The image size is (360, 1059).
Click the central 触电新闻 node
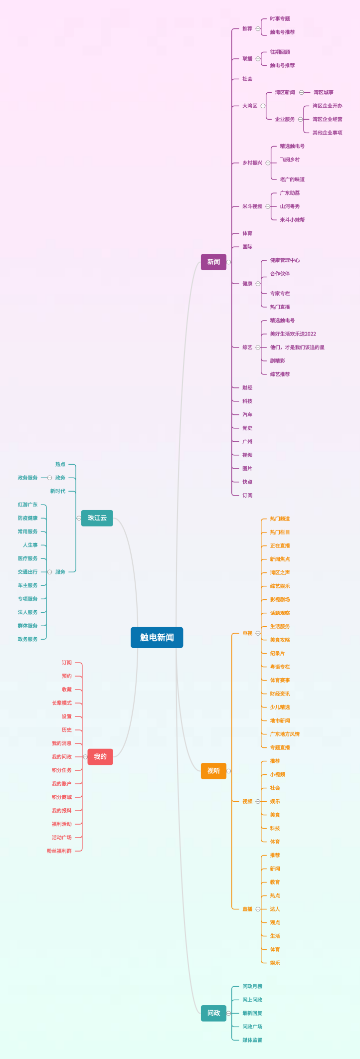[x=157, y=637]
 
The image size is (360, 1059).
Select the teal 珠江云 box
[x=97, y=518]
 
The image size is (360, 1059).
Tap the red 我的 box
[x=100, y=756]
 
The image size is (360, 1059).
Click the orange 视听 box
[x=213, y=771]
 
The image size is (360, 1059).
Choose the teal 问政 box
[x=213, y=1013]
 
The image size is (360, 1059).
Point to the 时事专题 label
[x=280, y=19]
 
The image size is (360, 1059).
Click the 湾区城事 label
[x=324, y=92]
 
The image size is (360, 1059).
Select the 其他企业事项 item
[x=328, y=133]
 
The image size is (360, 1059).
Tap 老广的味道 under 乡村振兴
[x=292, y=179]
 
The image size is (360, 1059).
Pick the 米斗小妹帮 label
[x=292, y=220]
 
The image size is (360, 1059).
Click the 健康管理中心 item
[x=285, y=260]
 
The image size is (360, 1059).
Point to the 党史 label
[x=247, y=428]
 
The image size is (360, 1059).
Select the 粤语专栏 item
[x=280, y=667]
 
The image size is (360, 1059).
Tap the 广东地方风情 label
[x=285, y=734]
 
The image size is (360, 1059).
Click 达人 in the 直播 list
[x=275, y=909]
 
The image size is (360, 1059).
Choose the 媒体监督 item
[x=252, y=1040]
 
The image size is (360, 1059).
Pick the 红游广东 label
[x=27, y=505]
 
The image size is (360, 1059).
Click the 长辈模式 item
[x=62, y=703]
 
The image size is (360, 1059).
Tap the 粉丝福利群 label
[x=59, y=851]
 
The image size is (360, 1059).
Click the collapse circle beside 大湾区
[x=263, y=106]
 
